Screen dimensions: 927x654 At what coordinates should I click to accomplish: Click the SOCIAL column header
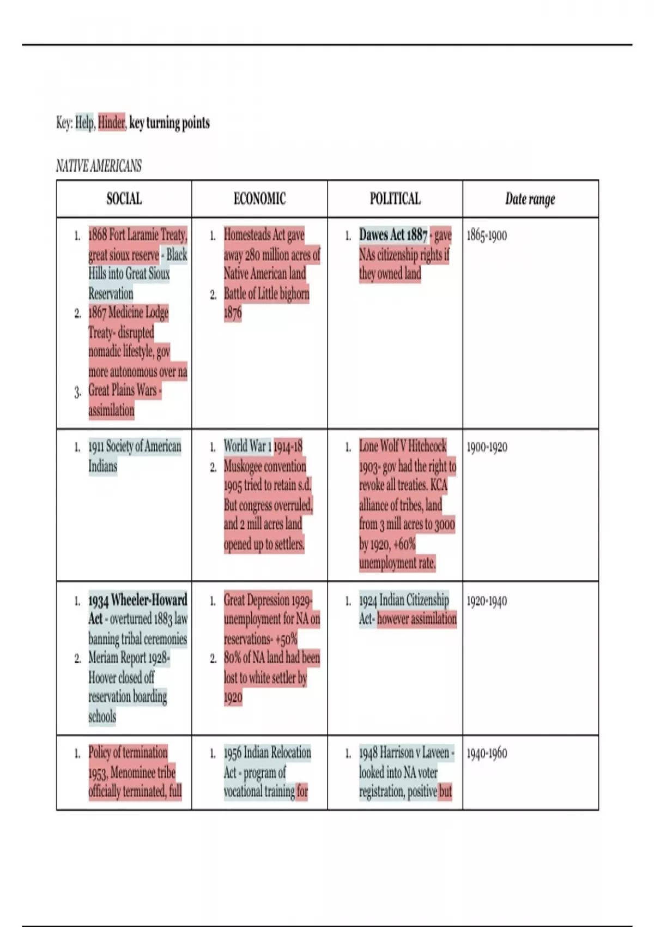tap(124, 199)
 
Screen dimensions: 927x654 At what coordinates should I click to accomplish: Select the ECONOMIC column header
tap(259, 199)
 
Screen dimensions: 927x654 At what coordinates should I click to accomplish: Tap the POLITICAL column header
tap(395, 199)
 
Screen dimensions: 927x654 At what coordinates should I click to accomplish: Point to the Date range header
tap(530, 199)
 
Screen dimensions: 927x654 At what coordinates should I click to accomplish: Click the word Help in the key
tap(84, 123)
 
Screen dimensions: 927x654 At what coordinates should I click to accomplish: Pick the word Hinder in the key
tap(112, 123)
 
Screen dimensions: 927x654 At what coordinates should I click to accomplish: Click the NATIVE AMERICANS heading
tap(99, 166)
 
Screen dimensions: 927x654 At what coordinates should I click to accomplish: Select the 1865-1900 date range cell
tap(487, 236)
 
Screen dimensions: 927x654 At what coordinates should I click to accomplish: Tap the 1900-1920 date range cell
tap(487, 447)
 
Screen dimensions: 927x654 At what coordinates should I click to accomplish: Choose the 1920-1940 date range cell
tap(487, 601)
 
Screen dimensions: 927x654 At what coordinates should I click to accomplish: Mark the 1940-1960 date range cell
tap(487, 753)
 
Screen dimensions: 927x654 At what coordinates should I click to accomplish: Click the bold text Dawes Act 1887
tap(393, 235)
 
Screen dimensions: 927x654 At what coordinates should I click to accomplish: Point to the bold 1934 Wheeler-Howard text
tap(137, 600)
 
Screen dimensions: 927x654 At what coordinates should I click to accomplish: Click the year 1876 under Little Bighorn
tap(233, 313)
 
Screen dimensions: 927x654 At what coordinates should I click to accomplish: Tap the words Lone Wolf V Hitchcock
tap(402, 446)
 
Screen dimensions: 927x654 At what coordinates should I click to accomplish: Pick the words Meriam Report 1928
tap(129, 658)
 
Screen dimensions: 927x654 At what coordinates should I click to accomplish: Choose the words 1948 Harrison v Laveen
tap(404, 753)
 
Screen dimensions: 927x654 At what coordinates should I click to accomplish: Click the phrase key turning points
tap(169, 123)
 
